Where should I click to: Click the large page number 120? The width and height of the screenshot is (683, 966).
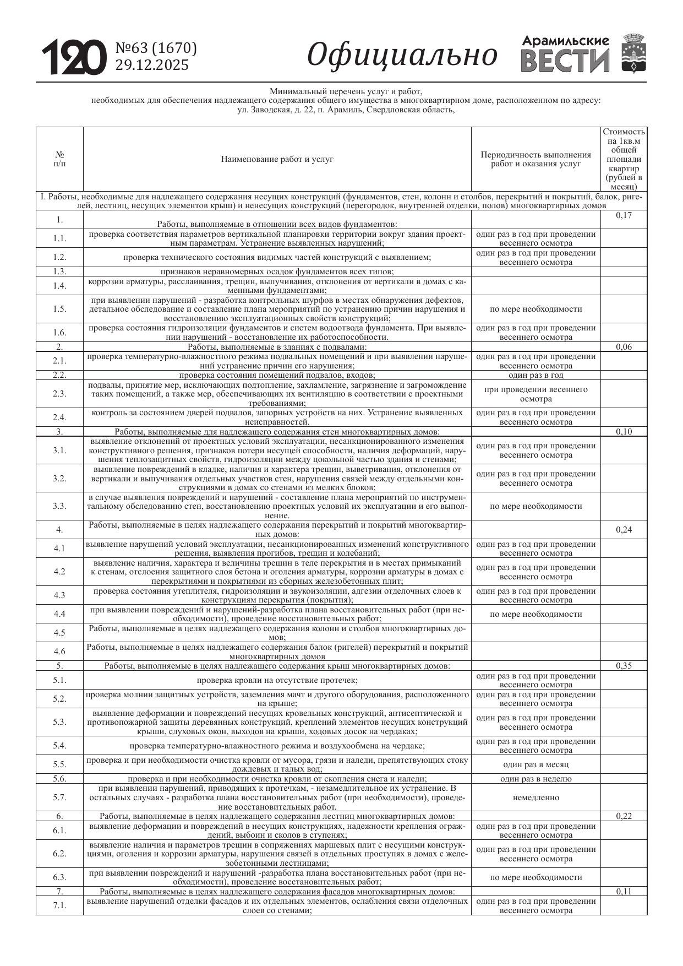74,57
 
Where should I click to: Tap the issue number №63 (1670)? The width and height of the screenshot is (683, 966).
156,48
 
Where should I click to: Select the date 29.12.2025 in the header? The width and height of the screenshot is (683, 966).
151,65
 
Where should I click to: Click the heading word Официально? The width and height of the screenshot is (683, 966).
402,55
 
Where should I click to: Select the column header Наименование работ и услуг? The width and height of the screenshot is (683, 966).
277,159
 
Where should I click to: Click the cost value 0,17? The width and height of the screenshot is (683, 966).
624,215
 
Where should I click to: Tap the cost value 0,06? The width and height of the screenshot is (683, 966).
624,346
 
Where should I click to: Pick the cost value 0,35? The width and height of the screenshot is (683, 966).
624,665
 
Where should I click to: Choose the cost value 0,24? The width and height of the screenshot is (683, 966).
624,529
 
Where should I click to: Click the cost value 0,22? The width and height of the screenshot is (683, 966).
624,816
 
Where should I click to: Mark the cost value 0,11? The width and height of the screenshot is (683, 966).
624,891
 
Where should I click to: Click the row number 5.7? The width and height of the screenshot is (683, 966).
59,797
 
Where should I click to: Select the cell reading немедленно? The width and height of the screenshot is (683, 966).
536,797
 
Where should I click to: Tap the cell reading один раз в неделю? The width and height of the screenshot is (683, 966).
536,778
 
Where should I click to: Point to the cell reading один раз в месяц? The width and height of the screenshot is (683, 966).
536,764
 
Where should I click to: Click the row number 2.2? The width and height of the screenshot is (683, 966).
59,375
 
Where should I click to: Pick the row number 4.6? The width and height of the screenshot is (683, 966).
59,651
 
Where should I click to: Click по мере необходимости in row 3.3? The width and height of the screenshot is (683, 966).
536,506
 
